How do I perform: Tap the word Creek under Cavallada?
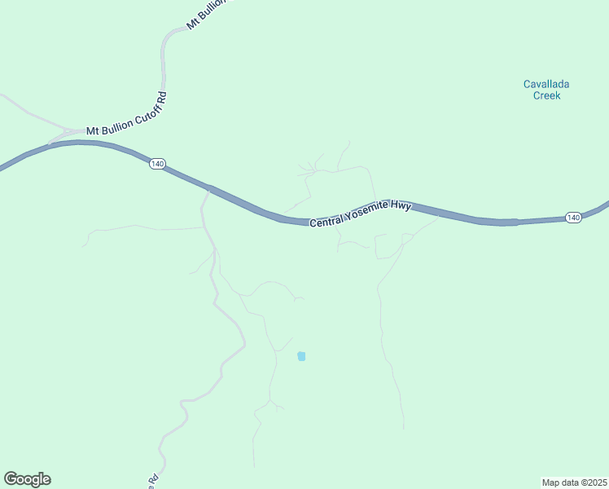(x=547, y=95)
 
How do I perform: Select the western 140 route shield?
(x=157, y=164)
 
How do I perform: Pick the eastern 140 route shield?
(x=573, y=218)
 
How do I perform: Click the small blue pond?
(x=301, y=356)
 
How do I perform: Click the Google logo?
(x=27, y=479)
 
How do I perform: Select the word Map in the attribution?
(x=551, y=482)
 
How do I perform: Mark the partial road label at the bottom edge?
(x=151, y=480)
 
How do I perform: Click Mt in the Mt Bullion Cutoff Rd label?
(x=93, y=130)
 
